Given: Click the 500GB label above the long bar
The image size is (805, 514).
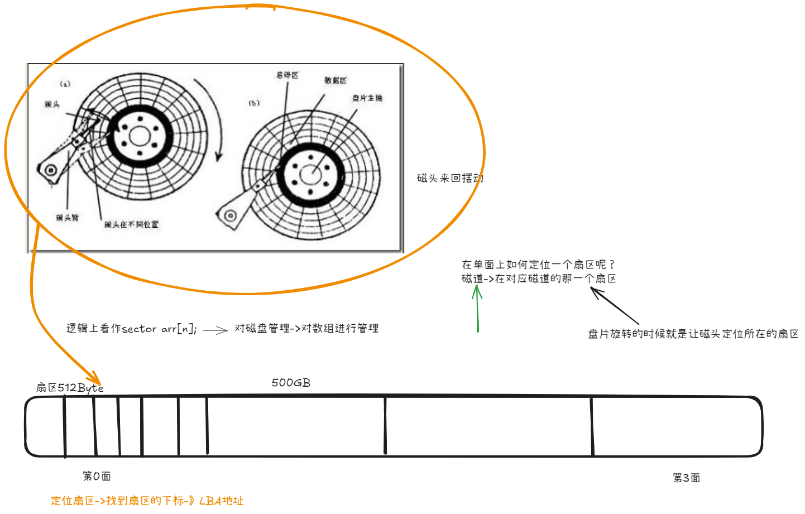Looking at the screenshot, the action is pyautogui.click(x=291, y=383).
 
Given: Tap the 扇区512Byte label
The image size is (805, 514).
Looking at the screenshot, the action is pyautogui.click(x=69, y=387).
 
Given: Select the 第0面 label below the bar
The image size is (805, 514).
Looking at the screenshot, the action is pyautogui.click(x=97, y=476).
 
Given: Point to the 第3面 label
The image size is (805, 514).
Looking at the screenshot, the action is pyautogui.click(x=686, y=478).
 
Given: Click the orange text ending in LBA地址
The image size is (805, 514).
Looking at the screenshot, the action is pyautogui.click(x=147, y=501).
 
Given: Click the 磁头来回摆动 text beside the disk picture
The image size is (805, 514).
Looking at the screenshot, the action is pyautogui.click(x=449, y=178).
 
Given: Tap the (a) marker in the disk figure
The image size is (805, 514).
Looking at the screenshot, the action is pyautogui.click(x=65, y=84).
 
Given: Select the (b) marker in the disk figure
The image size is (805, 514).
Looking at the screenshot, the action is pyautogui.click(x=254, y=103).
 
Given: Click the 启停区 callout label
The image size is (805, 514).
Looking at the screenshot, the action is pyautogui.click(x=287, y=75).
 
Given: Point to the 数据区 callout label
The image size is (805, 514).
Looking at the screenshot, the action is pyautogui.click(x=336, y=80).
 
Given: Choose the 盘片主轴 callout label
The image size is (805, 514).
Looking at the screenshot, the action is pyautogui.click(x=367, y=98).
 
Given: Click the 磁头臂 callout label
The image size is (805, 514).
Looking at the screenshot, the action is pyautogui.click(x=67, y=218).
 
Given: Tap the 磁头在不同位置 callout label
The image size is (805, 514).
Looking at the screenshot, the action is pyautogui.click(x=131, y=224).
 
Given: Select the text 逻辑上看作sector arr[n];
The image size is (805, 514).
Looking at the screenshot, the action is pyautogui.click(x=131, y=329).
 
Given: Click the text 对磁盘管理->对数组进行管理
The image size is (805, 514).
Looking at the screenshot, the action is pyautogui.click(x=306, y=328).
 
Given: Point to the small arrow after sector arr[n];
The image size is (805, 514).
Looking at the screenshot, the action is pyautogui.click(x=215, y=330).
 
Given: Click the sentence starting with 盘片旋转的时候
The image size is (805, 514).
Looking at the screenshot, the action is pyautogui.click(x=693, y=334).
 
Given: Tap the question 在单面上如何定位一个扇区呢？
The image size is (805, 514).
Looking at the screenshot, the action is pyautogui.click(x=538, y=265).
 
